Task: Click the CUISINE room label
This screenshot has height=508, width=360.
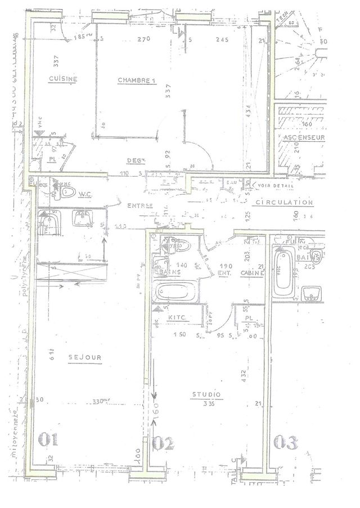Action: point(62,79)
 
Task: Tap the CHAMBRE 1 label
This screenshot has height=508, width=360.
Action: point(136,80)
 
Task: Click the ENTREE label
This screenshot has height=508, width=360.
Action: point(140,205)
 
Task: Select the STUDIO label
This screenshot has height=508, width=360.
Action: point(205,394)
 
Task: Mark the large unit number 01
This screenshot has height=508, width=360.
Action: point(48,439)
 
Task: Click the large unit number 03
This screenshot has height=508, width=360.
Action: point(285,443)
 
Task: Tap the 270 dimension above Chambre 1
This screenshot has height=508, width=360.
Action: point(143,39)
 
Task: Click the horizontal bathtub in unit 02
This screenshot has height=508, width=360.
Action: point(175,293)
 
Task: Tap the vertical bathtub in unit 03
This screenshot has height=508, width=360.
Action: point(282,273)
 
